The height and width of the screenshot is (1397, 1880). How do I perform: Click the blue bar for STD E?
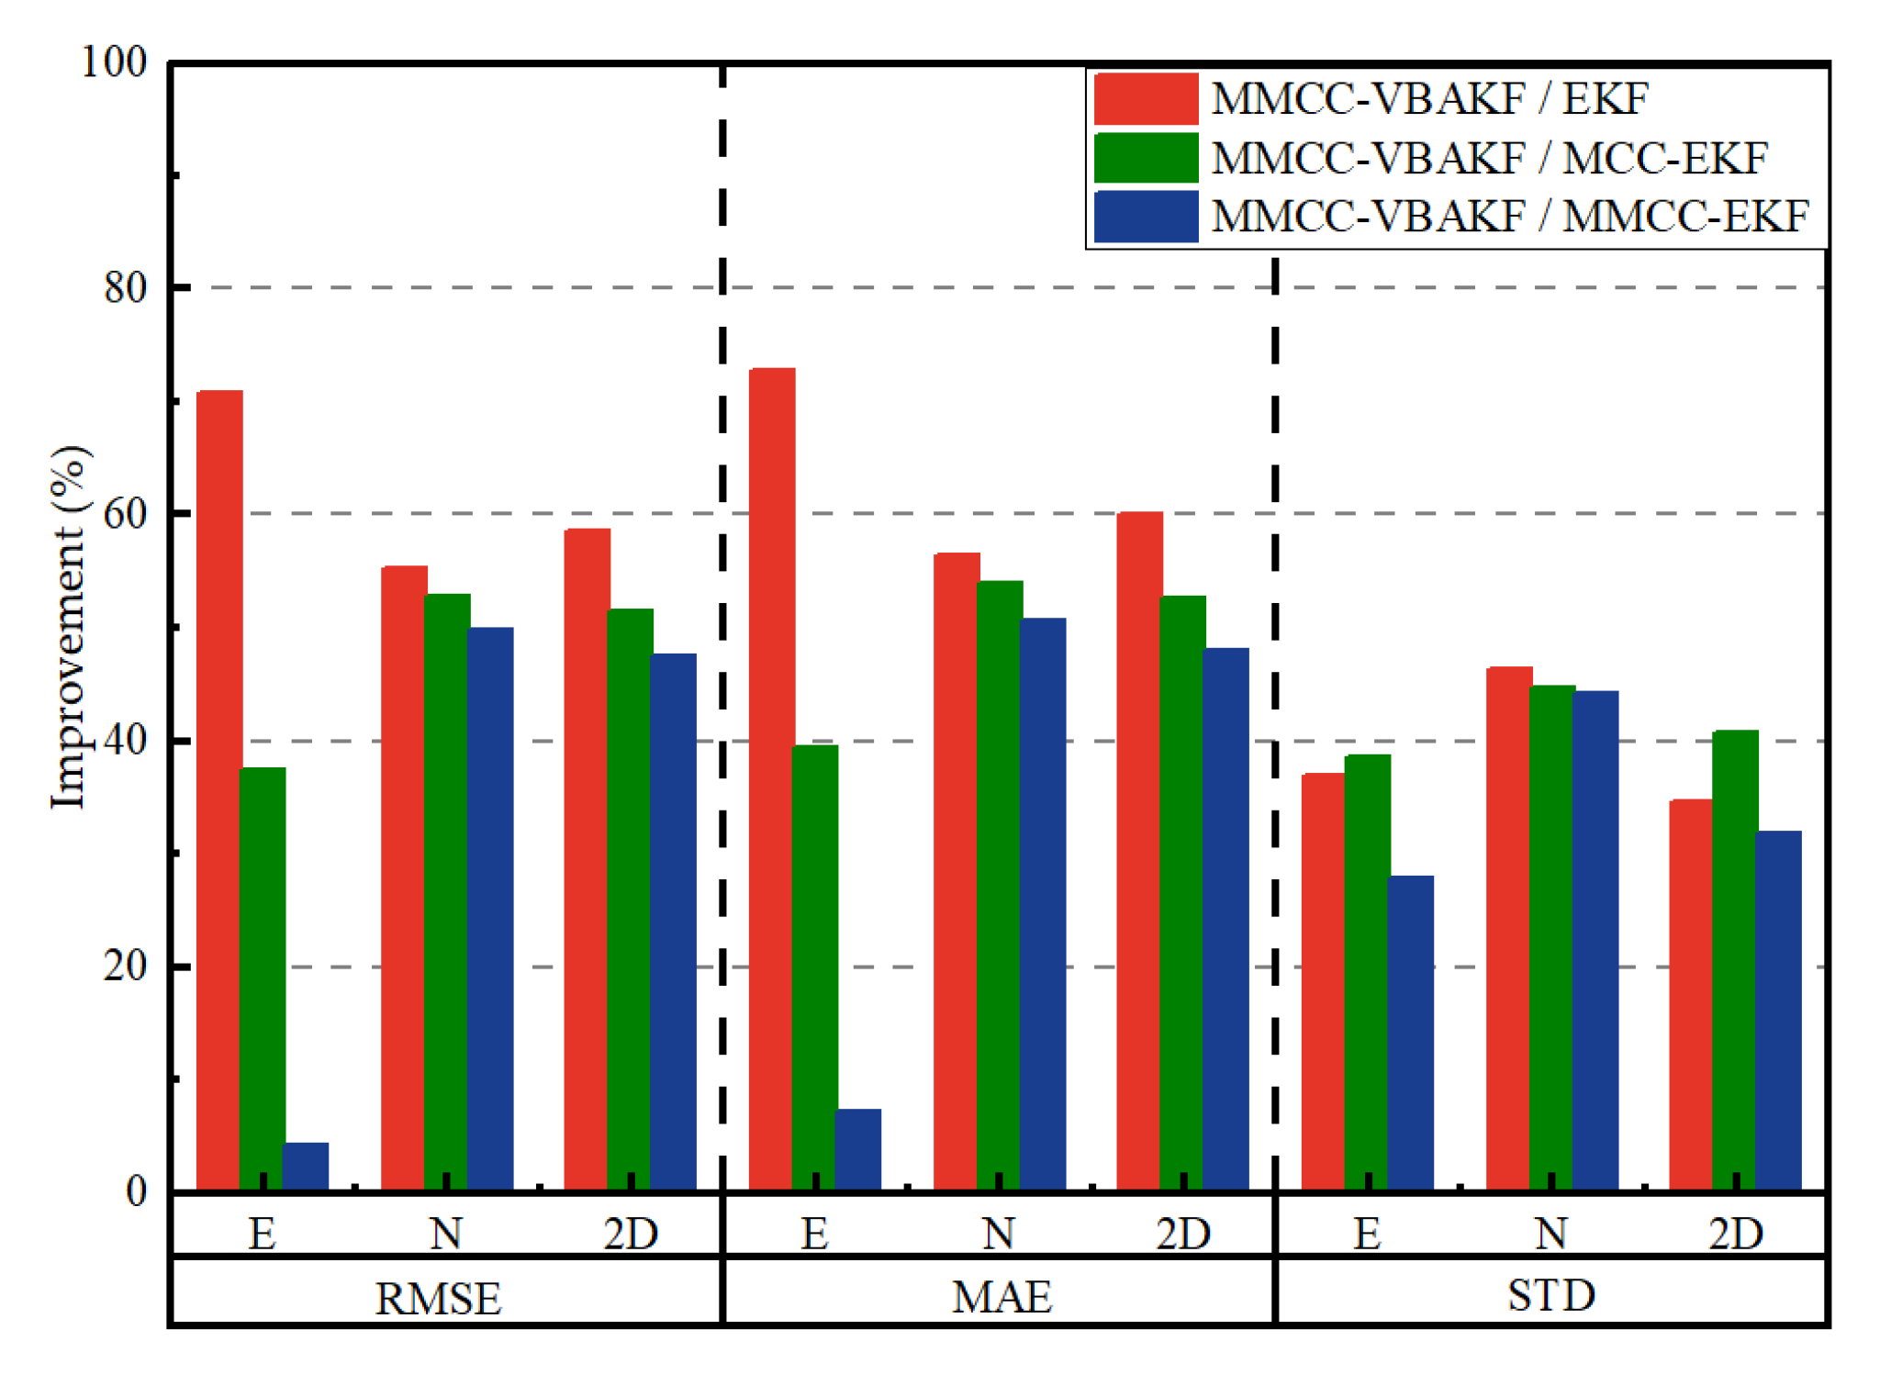tap(1410, 1033)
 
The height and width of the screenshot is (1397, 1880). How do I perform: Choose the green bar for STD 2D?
tap(1735, 960)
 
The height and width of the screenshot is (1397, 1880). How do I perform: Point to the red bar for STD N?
tap(1508, 928)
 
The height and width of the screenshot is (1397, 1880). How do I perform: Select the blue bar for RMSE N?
tap(490, 909)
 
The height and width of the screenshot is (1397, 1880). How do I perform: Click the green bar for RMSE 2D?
tap(630, 900)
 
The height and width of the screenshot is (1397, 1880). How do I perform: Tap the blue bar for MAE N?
tap(1043, 904)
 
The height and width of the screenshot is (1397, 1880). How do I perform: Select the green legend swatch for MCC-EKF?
tap(1146, 157)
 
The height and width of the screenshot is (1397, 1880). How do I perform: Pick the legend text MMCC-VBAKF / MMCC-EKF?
tap(1509, 217)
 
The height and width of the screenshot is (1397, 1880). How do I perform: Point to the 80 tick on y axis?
tap(126, 288)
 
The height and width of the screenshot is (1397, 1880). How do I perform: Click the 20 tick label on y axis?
tap(126, 966)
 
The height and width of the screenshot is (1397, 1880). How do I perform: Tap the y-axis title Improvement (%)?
tap(68, 628)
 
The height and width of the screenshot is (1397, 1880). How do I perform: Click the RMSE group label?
tap(438, 1298)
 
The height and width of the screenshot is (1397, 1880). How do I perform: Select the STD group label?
tap(1550, 1295)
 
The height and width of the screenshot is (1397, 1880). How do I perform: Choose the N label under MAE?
tap(999, 1233)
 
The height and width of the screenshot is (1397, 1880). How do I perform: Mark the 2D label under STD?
tap(1735, 1233)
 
